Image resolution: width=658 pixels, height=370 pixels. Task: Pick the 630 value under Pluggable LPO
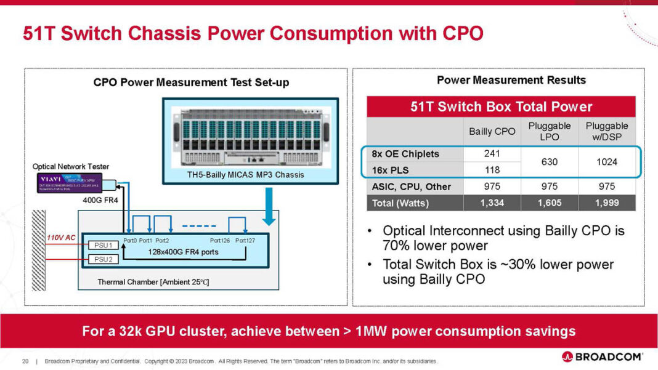click(x=549, y=162)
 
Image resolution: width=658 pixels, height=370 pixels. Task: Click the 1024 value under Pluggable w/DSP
click(x=606, y=162)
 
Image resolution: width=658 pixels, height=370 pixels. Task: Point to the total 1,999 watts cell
click(x=606, y=203)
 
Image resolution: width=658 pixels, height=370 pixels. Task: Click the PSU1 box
click(x=103, y=245)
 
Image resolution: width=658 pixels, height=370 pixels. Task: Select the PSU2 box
click(x=103, y=259)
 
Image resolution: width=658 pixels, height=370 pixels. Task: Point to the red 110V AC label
click(x=62, y=237)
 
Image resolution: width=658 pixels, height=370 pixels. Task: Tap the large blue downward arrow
click(x=269, y=205)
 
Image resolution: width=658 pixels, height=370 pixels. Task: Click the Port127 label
click(x=245, y=241)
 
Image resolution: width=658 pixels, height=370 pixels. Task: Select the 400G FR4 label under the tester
click(x=100, y=200)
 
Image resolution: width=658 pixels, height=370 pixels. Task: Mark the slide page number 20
click(x=25, y=361)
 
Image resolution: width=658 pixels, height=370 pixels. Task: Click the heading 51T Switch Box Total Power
click(x=501, y=107)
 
